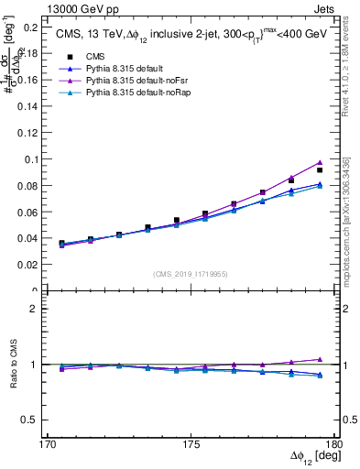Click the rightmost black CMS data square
(x=320, y=170)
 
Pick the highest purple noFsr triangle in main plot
(x=320, y=162)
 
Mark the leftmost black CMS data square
(x=61, y=244)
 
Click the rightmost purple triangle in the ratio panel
(x=320, y=359)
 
